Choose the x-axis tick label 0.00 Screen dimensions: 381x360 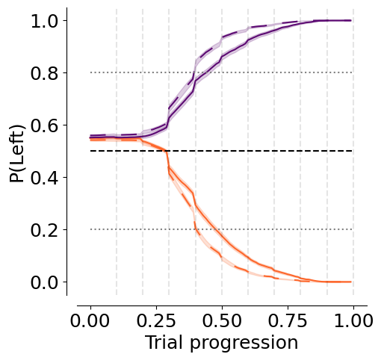click(x=90, y=320)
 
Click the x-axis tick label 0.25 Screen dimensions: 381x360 click(x=156, y=320)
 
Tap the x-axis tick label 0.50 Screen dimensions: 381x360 click(x=222, y=320)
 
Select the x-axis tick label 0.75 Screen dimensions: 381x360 click(x=288, y=320)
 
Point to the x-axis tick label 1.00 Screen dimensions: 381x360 click(x=353, y=320)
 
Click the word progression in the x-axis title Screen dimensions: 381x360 click(x=244, y=344)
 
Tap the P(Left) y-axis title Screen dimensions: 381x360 click(x=17, y=154)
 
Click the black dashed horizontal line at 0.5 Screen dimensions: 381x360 click(x=221, y=151)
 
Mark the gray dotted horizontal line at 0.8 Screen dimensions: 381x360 click(x=221, y=72)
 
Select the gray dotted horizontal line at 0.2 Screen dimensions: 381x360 click(x=221, y=229)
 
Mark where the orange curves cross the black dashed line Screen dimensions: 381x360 click(x=165, y=151)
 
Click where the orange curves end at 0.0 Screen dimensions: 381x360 click(x=351, y=282)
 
